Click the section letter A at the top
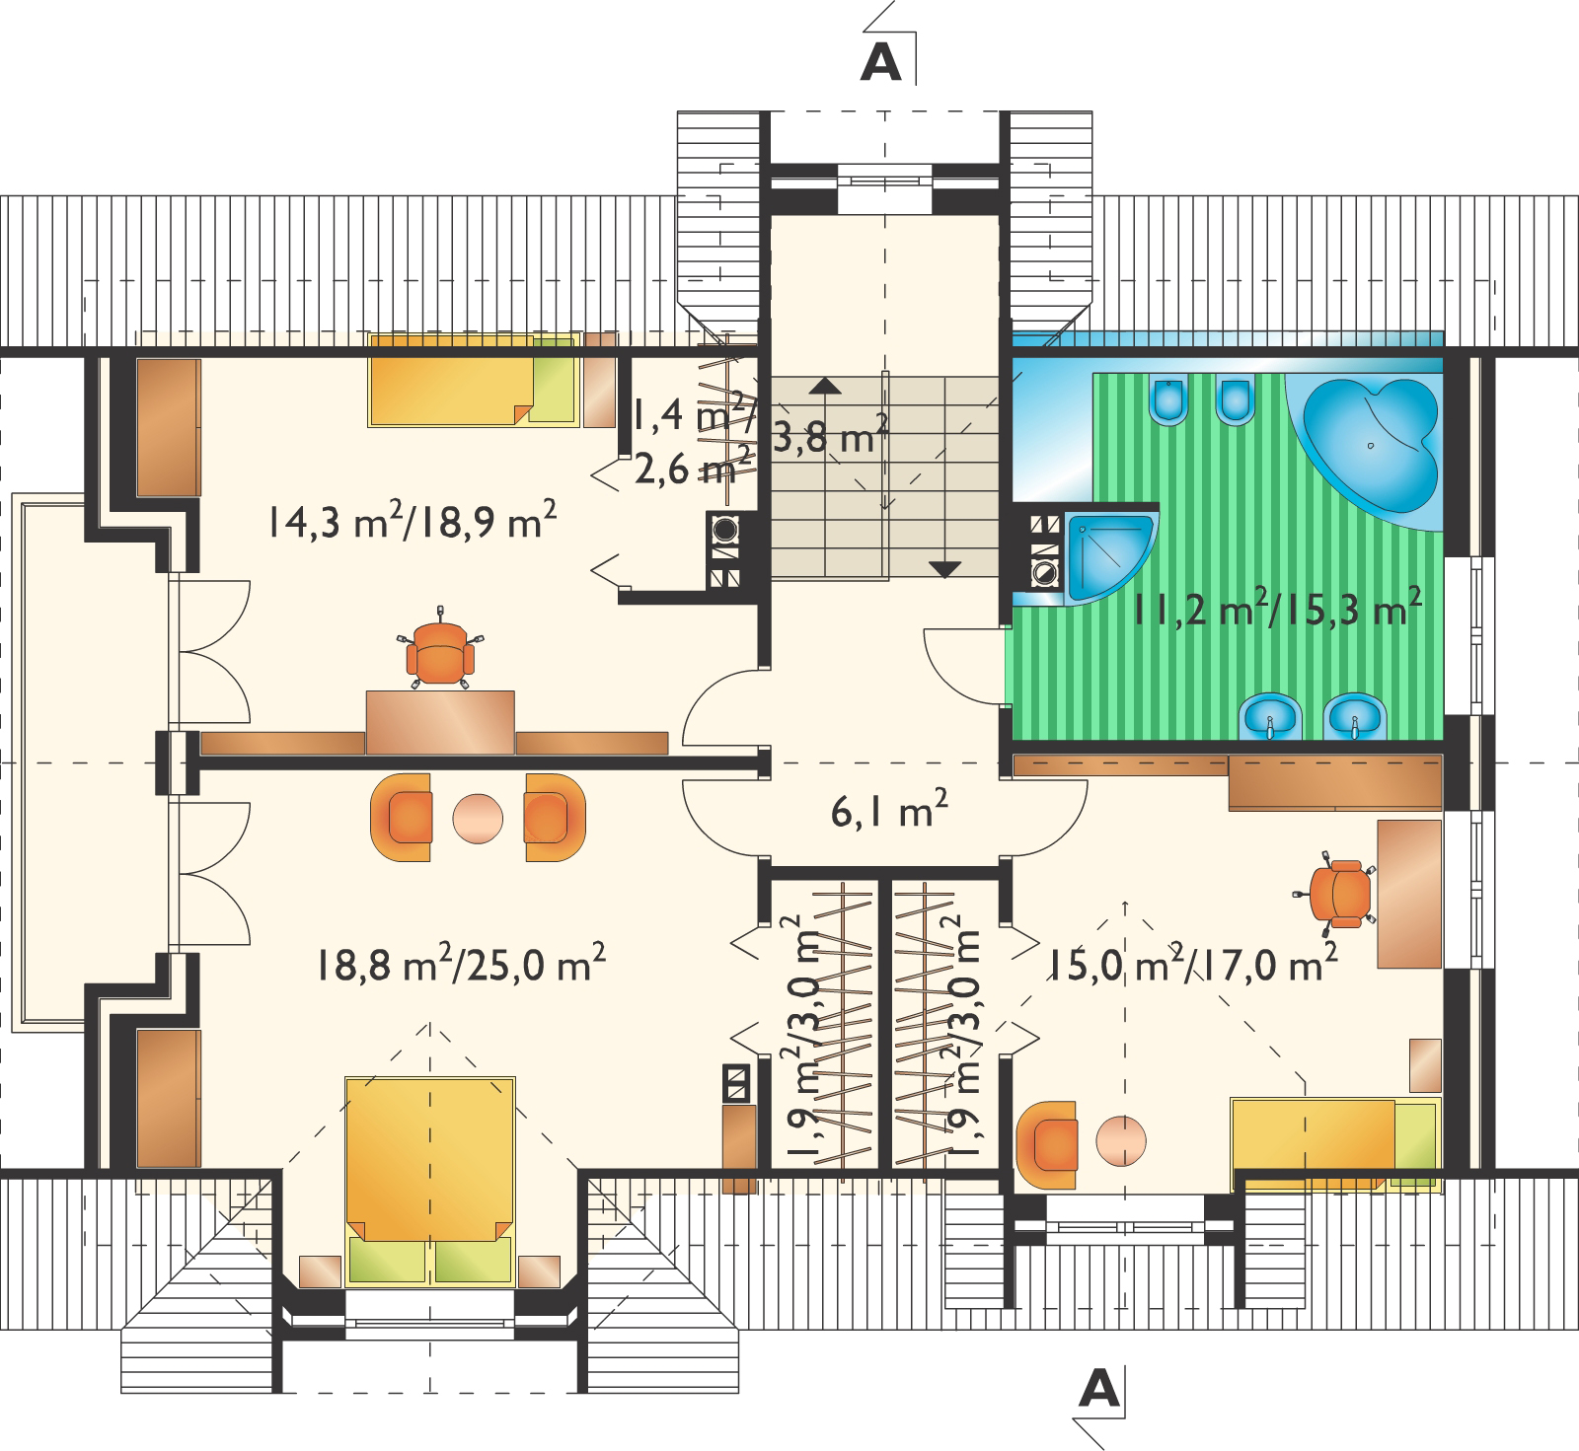881,62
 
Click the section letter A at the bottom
1099,1389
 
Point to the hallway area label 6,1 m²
889,810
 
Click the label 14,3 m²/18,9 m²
412,520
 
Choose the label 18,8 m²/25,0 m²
461,964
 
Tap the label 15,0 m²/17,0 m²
1193,964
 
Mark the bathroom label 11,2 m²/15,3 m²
1277,609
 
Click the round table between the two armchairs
478,818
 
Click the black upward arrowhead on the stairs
825,386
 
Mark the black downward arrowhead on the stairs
944,569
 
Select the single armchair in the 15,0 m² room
1046,1145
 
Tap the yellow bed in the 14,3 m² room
473,381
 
